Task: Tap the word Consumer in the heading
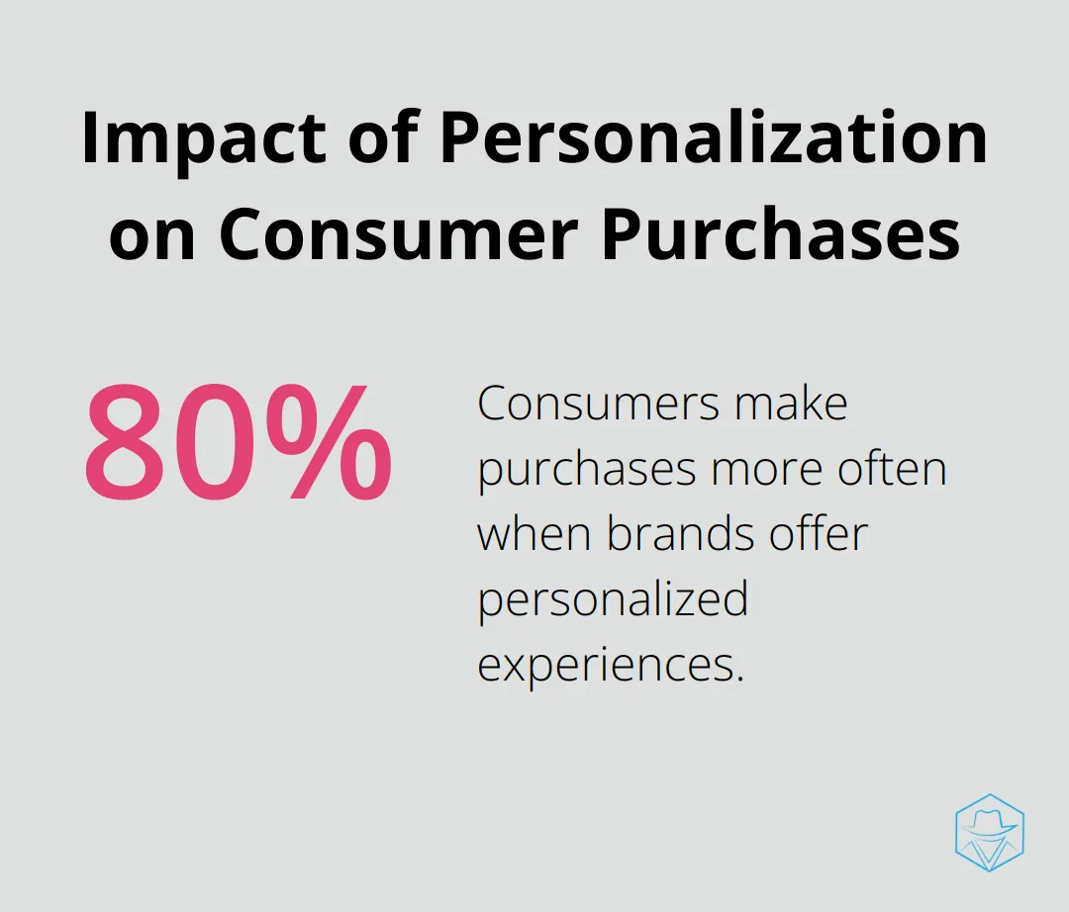[399, 235]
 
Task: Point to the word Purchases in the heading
[781, 235]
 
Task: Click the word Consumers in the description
[599, 404]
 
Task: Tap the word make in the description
[791, 403]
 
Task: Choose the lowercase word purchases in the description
[587, 471]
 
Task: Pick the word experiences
[610, 667]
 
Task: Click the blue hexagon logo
[990, 832]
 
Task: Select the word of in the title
[382, 138]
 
